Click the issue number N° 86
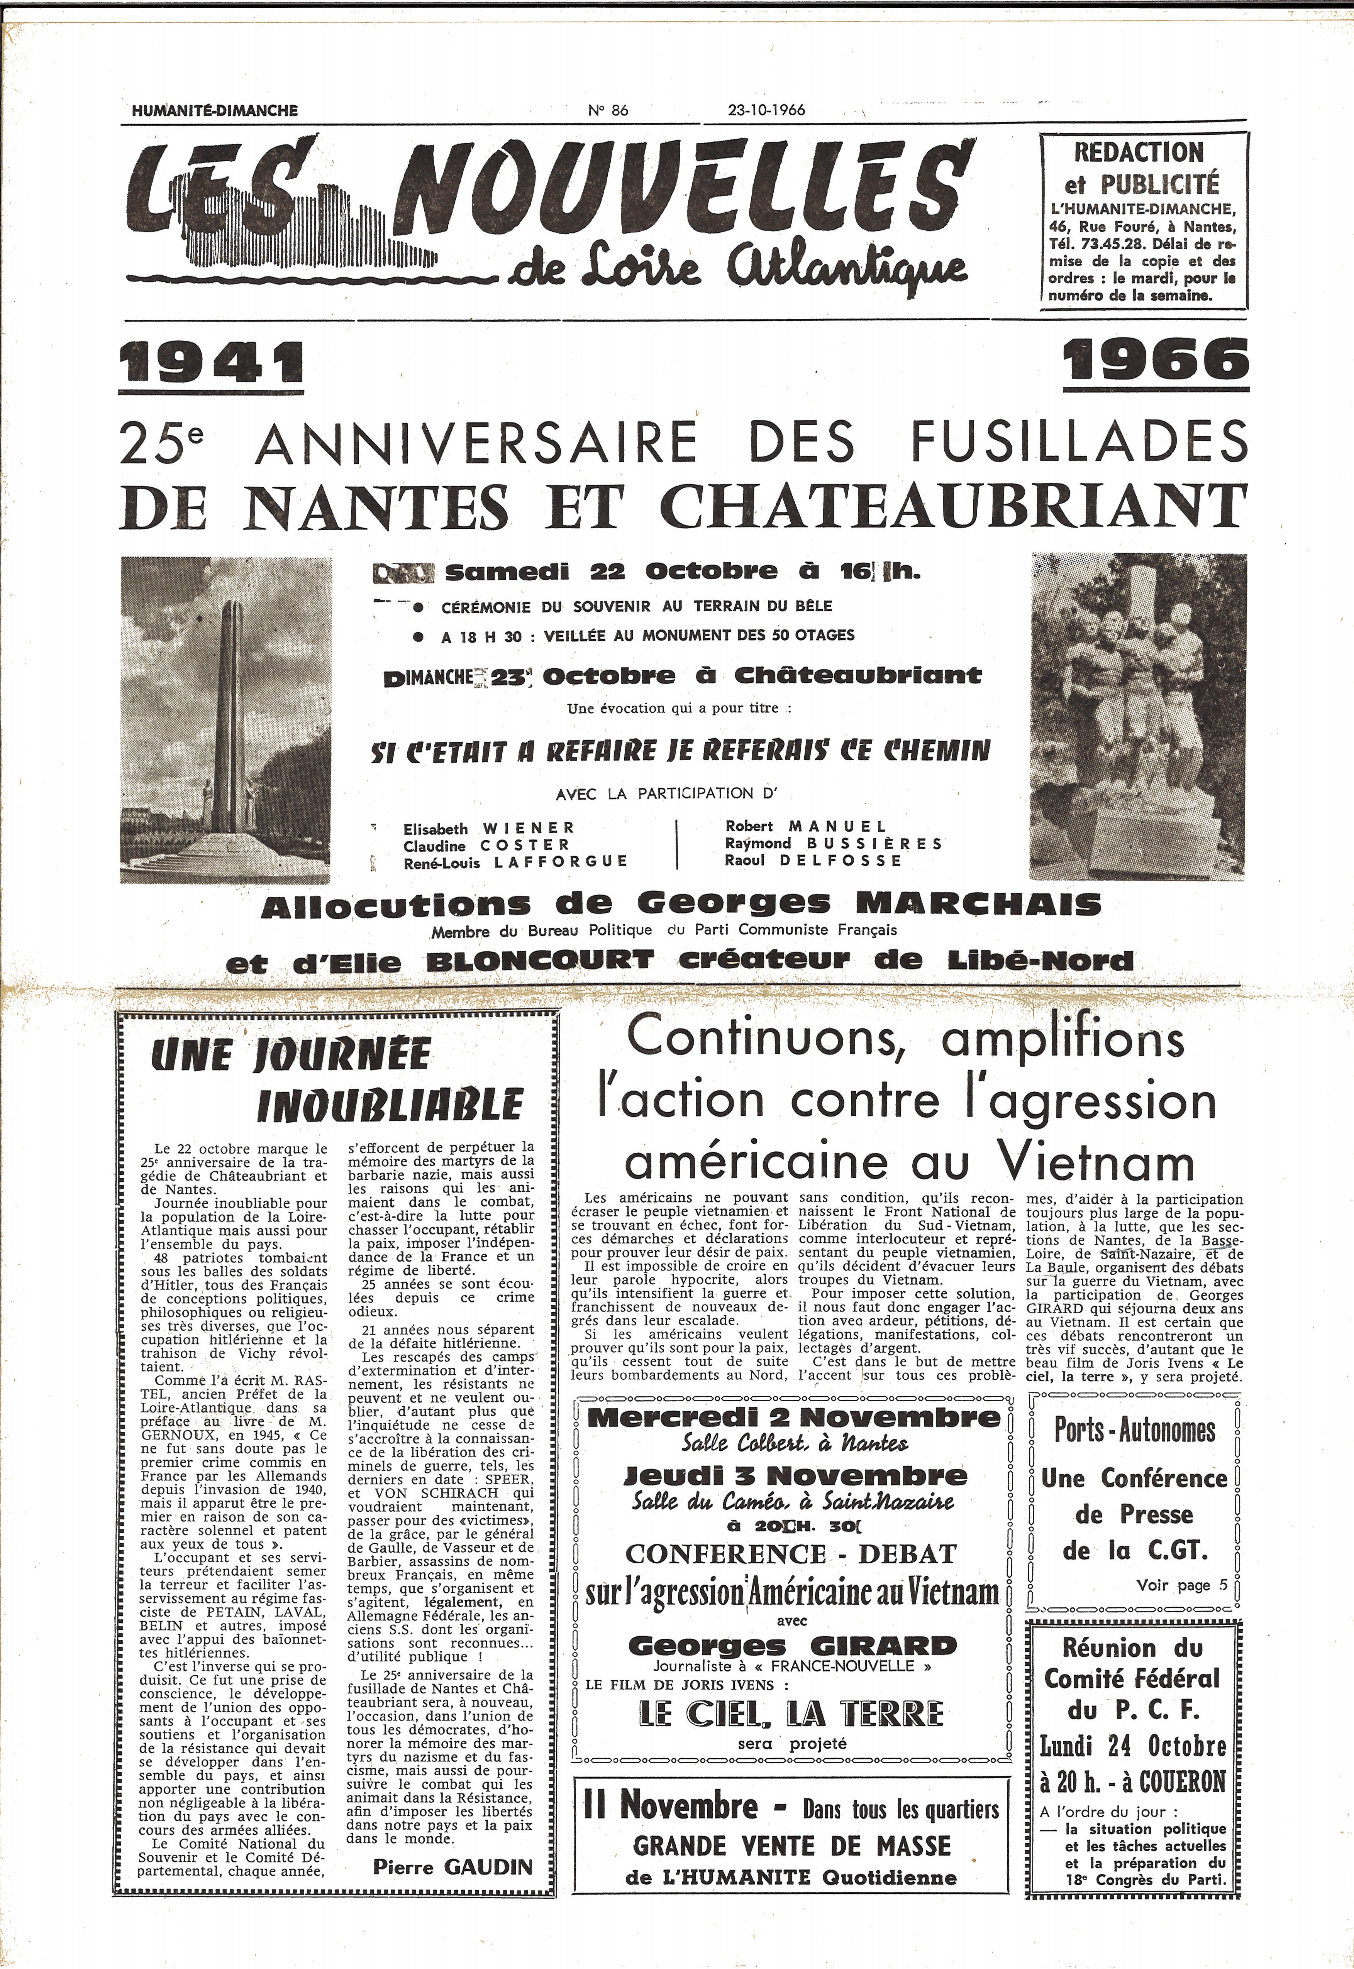coord(607,110)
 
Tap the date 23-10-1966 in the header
coord(766,110)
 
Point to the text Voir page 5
coord(1181,1585)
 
